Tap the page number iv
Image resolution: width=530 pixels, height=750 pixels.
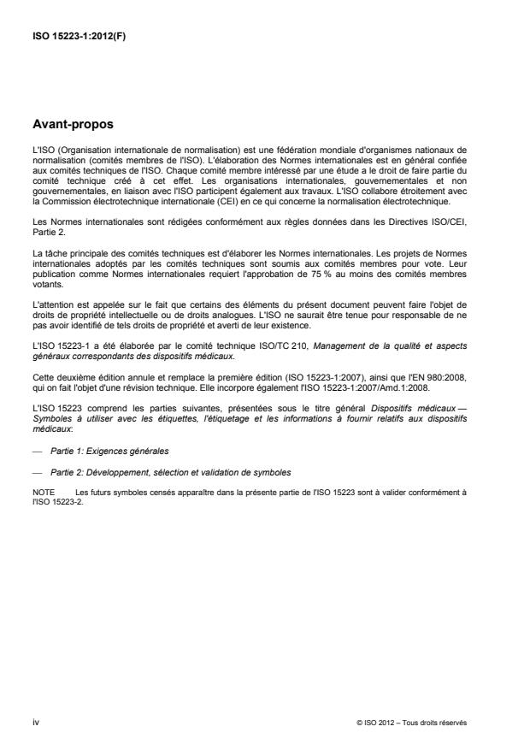[x=35, y=722]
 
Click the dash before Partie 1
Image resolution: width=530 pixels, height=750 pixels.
[x=35, y=450]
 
